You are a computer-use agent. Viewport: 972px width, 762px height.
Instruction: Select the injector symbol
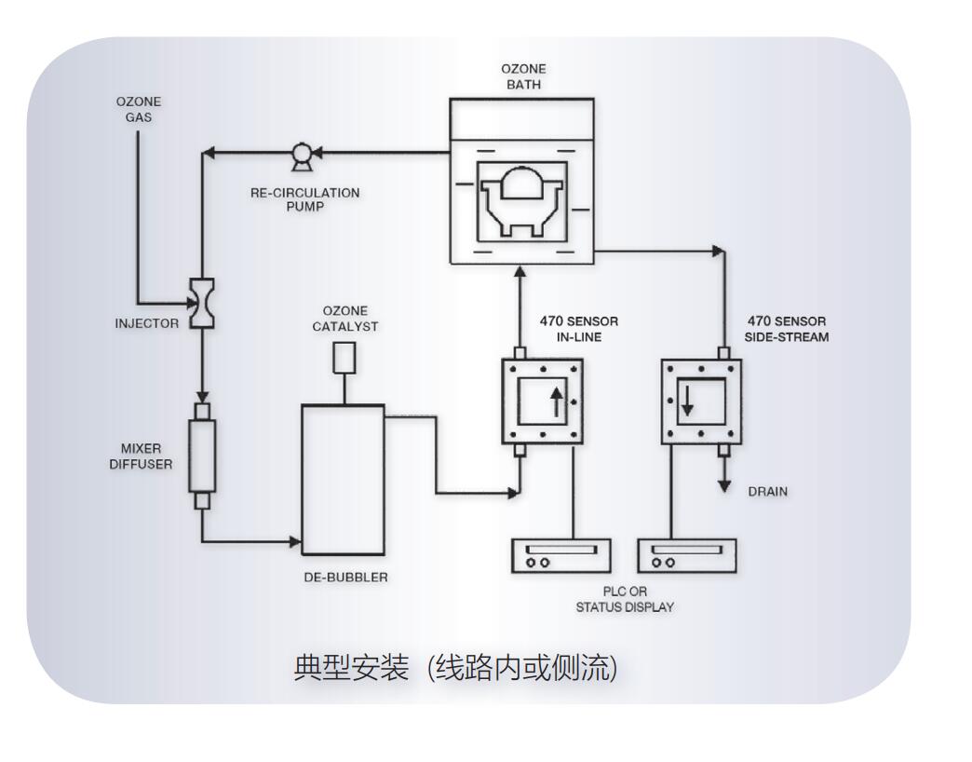200,303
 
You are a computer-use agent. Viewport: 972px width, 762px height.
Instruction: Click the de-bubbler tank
343,479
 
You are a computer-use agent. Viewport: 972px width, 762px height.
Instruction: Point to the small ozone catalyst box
344,357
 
